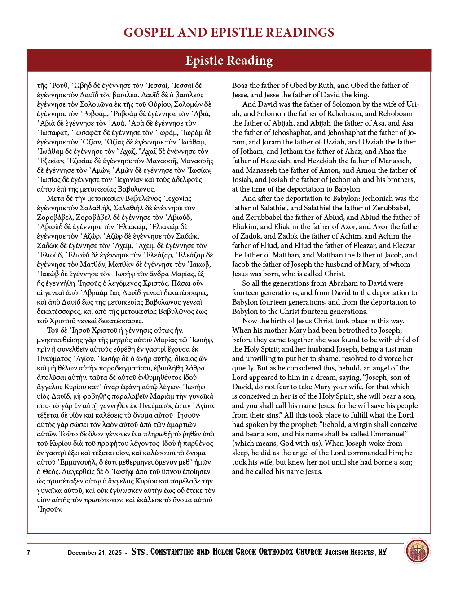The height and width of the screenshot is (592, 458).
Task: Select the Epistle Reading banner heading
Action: (x=229, y=61)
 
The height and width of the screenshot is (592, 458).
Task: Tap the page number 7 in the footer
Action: (x=29, y=553)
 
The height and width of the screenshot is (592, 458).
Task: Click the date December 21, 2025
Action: (x=95, y=553)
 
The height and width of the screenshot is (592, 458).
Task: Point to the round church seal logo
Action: (x=418, y=551)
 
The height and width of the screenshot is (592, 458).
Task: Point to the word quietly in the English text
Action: (x=244, y=368)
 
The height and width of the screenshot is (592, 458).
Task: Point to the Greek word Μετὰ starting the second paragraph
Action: (x=56, y=198)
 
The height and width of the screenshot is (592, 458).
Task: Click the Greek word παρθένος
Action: (x=198, y=443)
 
